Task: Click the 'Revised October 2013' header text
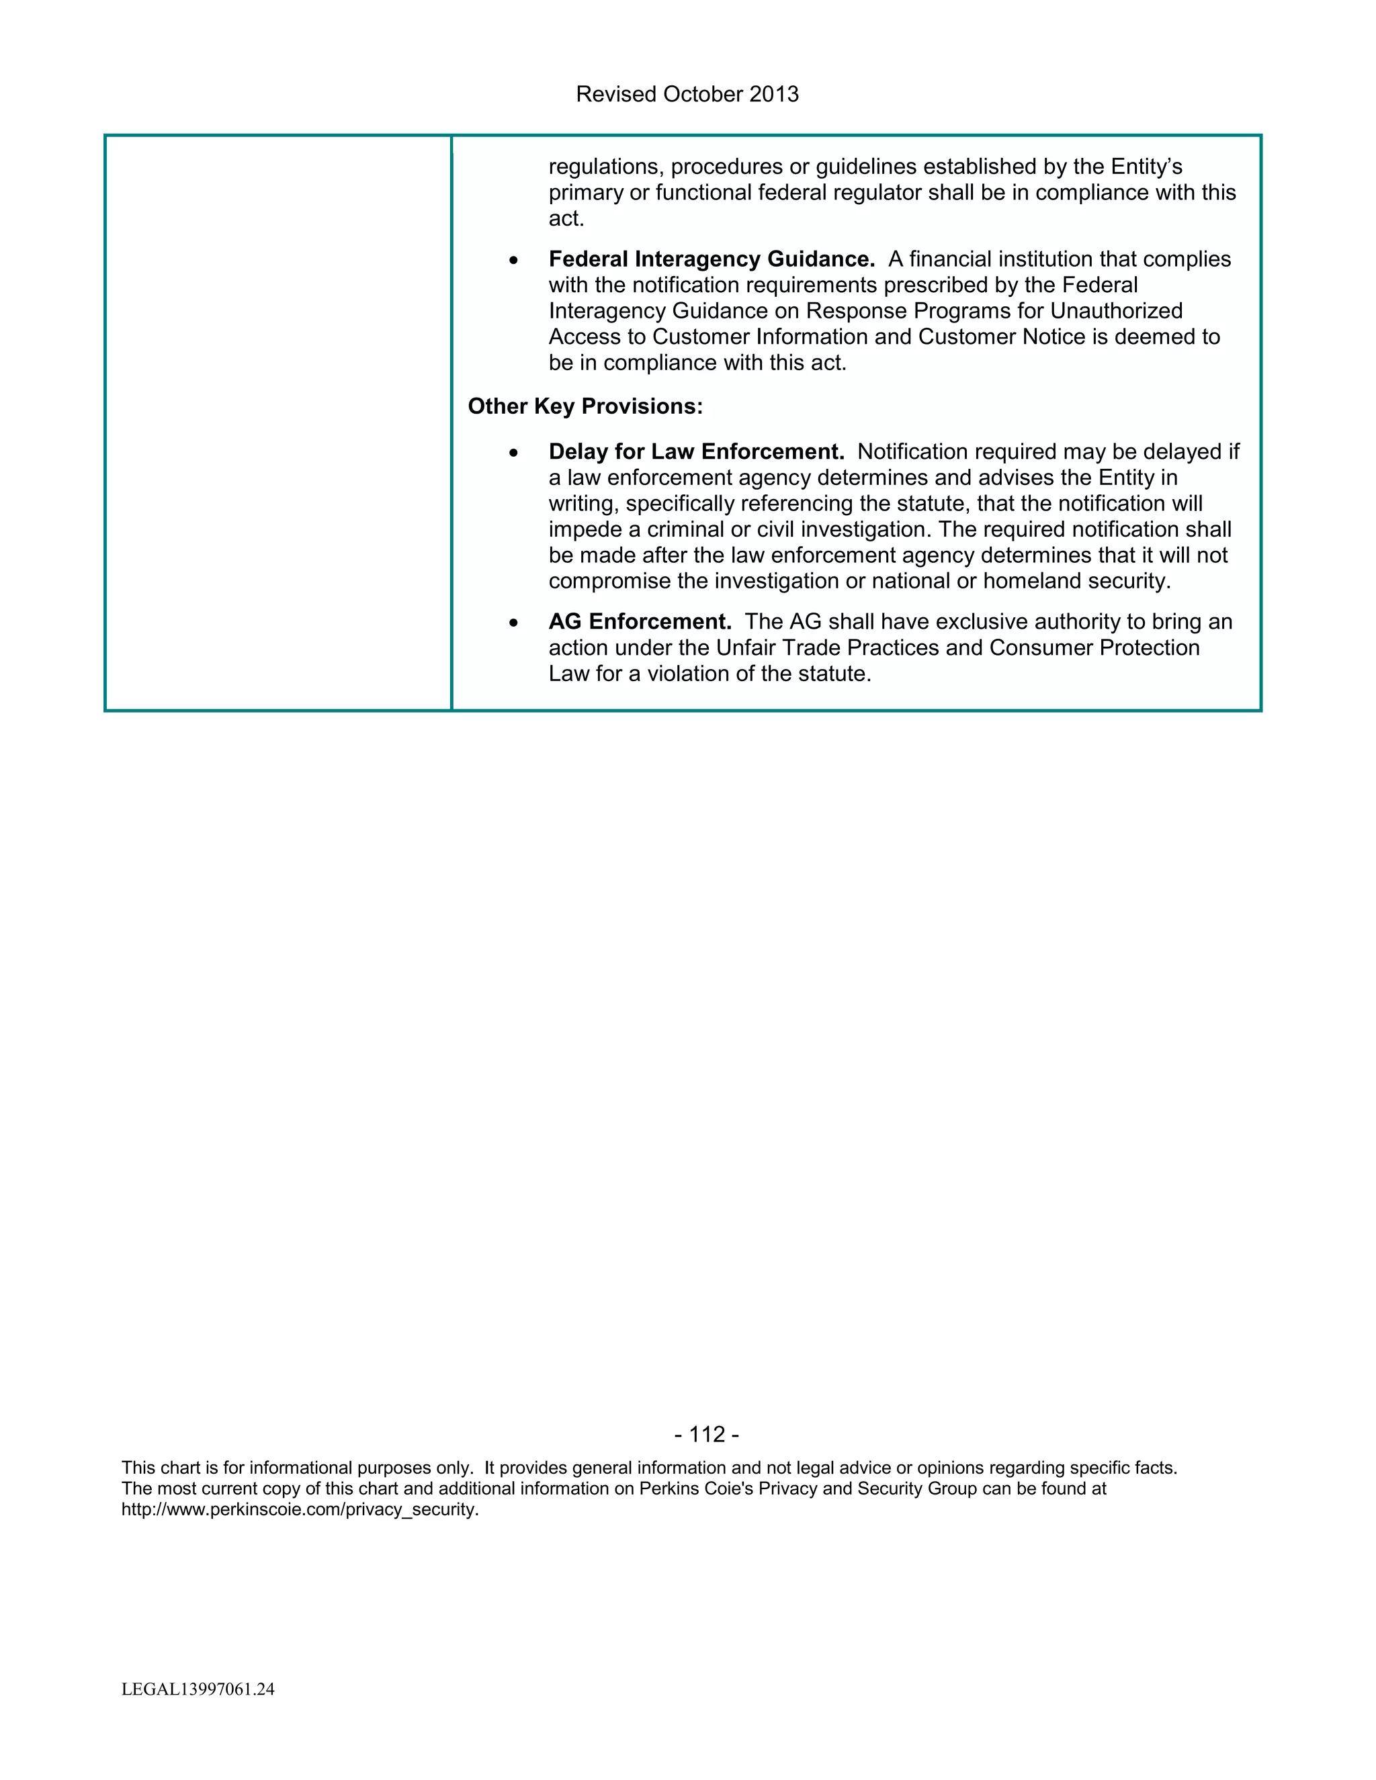pos(687,95)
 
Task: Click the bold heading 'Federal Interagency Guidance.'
pos(711,259)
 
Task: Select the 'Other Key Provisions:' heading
pos(585,406)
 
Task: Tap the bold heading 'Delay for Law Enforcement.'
pos(696,451)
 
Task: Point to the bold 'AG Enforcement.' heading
pos(640,622)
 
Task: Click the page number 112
pos(707,1435)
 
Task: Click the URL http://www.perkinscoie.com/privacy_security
pos(300,1509)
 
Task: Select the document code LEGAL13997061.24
pos(198,1689)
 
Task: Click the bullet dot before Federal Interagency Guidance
pos(513,260)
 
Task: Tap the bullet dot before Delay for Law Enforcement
pos(513,452)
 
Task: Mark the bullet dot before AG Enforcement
pos(513,623)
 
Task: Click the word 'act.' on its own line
pos(566,218)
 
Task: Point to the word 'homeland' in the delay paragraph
pos(1032,581)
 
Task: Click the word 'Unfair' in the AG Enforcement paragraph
pos(746,648)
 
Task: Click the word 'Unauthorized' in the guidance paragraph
pos(1116,312)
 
